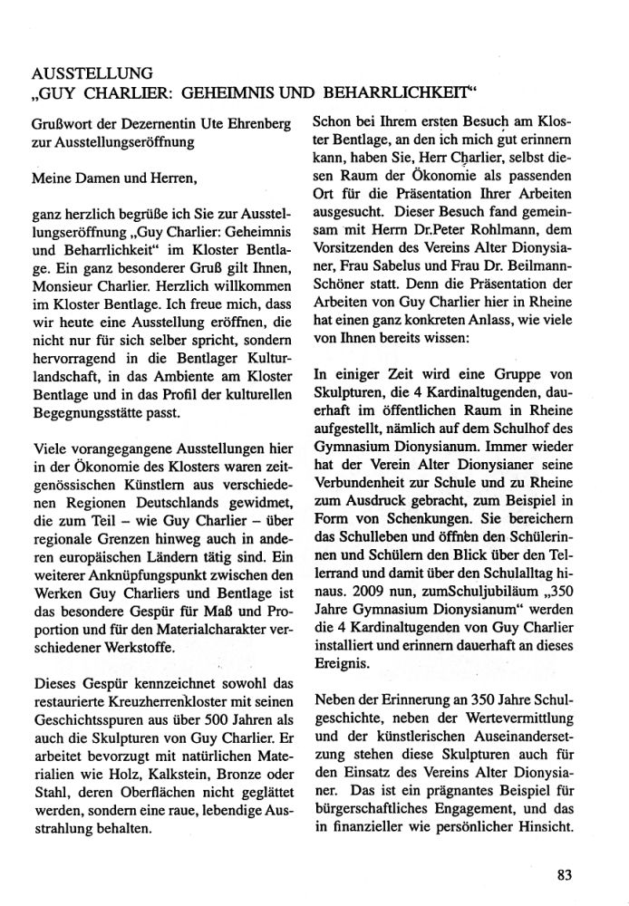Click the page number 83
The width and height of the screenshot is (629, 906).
565,874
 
